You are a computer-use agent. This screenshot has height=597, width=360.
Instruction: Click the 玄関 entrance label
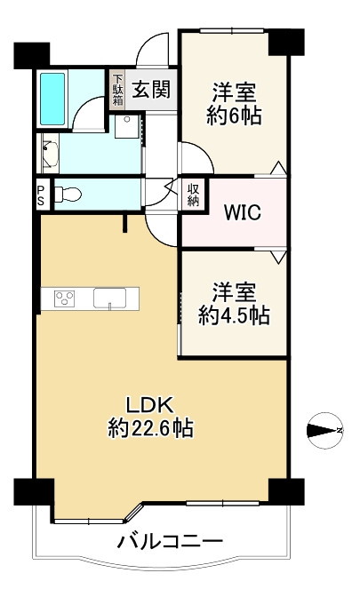(151, 90)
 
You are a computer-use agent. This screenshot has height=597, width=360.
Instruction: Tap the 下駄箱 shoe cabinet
(117, 90)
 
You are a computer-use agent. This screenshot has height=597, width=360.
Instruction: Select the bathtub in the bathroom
(52, 99)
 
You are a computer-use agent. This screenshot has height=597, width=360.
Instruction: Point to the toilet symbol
(68, 195)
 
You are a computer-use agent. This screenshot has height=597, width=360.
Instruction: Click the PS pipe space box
(41, 195)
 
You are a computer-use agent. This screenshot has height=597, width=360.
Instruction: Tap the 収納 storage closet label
(193, 195)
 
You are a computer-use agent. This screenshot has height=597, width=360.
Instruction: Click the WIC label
(243, 212)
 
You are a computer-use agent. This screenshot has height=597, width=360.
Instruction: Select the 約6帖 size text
(234, 115)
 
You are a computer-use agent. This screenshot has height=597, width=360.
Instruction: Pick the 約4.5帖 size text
(234, 315)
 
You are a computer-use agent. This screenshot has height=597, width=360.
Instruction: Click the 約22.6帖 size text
(151, 428)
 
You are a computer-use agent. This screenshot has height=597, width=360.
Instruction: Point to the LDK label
(150, 405)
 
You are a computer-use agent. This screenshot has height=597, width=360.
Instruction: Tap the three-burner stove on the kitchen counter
(64, 298)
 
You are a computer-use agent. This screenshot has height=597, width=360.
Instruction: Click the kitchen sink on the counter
(109, 298)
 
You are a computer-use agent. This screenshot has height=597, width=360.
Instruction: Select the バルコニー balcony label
(170, 541)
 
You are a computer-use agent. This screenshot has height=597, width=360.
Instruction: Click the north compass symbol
(325, 431)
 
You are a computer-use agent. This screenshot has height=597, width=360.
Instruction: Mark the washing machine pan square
(127, 126)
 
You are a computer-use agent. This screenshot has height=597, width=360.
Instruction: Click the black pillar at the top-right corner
(286, 43)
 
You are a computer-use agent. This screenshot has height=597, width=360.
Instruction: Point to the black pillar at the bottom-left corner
(35, 492)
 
